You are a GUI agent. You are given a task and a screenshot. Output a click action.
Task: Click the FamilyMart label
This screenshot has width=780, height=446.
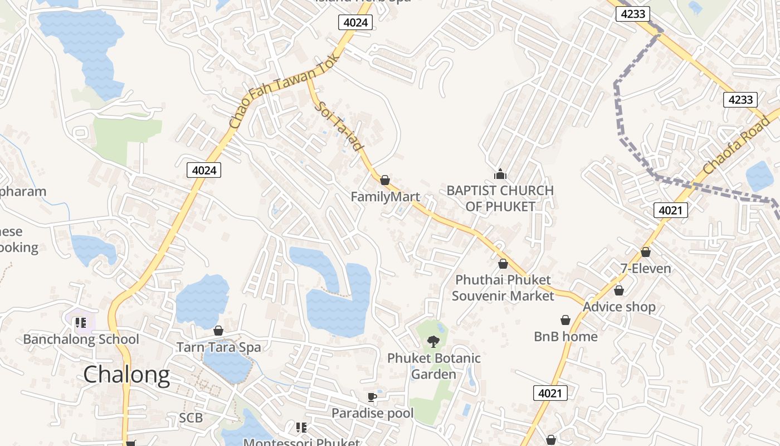tap(385, 197)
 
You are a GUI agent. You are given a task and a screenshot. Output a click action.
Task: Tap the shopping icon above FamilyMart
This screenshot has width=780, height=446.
tap(385, 180)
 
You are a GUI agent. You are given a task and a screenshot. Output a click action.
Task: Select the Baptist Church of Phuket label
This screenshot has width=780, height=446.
tap(500, 198)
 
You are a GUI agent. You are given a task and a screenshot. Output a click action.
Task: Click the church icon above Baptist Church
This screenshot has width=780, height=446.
tap(500, 174)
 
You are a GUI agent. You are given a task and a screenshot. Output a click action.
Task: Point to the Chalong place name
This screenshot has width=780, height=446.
tap(126, 375)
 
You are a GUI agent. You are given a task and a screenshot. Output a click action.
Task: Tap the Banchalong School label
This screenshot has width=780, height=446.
tap(81, 339)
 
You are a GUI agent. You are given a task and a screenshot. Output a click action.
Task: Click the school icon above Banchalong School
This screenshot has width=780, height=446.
tap(81, 322)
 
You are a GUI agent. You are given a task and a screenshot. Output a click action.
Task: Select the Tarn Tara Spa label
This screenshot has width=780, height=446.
tap(218, 347)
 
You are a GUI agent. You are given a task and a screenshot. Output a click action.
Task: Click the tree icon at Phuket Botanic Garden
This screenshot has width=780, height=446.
tap(433, 341)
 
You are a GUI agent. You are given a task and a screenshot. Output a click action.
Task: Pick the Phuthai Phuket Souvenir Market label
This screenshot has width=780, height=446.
tap(503, 288)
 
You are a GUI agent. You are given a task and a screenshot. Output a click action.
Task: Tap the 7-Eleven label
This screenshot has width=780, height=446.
tap(646, 269)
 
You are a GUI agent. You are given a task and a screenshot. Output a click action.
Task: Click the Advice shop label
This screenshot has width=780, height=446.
tap(619, 307)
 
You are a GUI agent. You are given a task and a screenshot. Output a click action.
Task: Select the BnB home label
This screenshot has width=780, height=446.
tap(565, 336)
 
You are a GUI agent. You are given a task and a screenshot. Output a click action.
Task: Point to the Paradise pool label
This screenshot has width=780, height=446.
tap(372, 413)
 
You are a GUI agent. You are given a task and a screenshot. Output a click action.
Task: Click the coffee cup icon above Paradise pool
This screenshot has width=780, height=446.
tap(372, 397)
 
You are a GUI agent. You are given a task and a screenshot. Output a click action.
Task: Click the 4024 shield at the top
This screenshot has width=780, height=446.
tap(355, 22)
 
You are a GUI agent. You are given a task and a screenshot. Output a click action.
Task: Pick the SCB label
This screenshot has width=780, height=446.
tap(191, 418)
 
